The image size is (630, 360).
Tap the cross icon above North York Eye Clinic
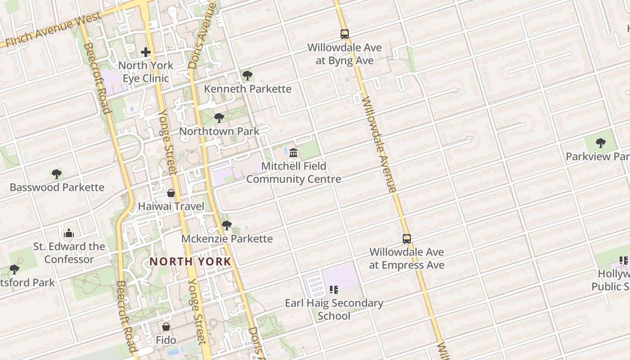point(146,52)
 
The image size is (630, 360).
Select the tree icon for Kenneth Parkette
point(247,76)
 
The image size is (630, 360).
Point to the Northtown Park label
point(219,131)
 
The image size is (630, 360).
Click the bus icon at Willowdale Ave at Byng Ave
point(345,34)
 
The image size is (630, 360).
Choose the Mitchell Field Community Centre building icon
point(294,153)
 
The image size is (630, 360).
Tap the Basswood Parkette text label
point(57,187)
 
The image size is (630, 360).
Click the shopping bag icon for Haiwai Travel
point(171,193)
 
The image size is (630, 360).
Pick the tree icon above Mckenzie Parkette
point(227,225)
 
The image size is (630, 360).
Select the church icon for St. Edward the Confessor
point(69,233)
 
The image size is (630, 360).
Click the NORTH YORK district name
point(190,261)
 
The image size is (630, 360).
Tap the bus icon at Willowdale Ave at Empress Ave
point(407,239)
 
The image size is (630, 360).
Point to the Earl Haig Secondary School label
point(334,309)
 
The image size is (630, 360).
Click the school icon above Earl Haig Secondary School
point(334,289)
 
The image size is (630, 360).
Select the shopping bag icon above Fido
point(166,327)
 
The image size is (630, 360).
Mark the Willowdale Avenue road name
point(379,144)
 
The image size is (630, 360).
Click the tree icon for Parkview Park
point(600,143)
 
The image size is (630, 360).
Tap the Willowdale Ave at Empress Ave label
point(407,258)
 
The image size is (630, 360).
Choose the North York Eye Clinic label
point(146,72)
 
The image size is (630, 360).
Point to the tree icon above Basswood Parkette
point(56,174)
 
